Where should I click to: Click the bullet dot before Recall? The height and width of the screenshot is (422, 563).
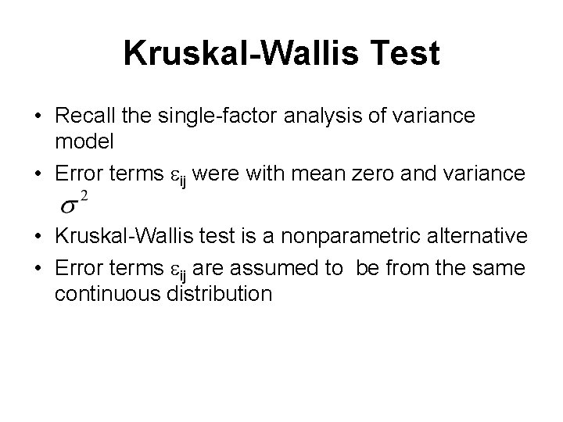38,116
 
